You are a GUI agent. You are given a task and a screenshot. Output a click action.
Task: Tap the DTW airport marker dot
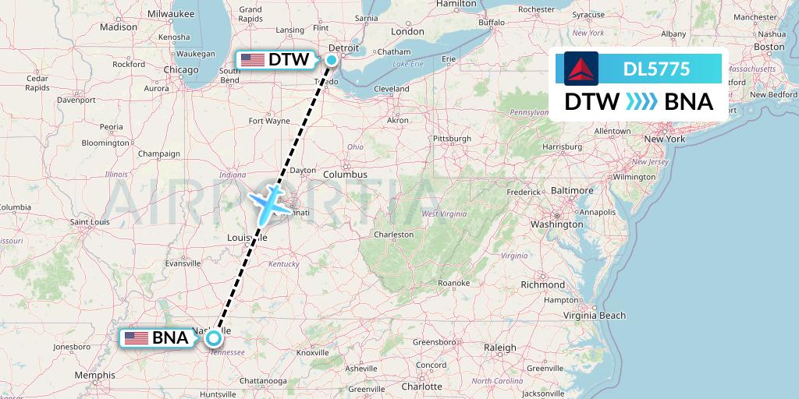332,59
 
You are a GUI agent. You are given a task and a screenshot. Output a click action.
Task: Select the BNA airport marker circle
212,338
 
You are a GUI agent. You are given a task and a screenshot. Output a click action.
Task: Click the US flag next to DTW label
253,60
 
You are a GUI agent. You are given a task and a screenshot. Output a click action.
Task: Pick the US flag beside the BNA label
137,338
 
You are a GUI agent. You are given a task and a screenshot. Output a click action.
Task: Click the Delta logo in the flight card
581,69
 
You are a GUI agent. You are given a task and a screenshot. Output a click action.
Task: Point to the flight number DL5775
656,69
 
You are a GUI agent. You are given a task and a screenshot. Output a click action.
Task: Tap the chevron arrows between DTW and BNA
641,102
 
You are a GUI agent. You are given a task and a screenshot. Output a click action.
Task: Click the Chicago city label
181,70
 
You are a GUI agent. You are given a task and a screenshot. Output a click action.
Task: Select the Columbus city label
345,175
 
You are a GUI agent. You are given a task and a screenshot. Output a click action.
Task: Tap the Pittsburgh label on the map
453,139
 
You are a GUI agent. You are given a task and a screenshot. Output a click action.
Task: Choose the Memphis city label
95,376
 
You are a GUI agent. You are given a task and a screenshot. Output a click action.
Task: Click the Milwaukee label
170,13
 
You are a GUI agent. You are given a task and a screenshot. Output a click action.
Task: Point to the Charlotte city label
422,387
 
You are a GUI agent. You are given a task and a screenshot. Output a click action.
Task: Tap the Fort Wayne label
268,121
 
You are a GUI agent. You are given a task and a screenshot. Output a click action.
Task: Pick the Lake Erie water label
408,64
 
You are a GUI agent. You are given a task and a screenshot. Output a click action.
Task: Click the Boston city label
769,47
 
